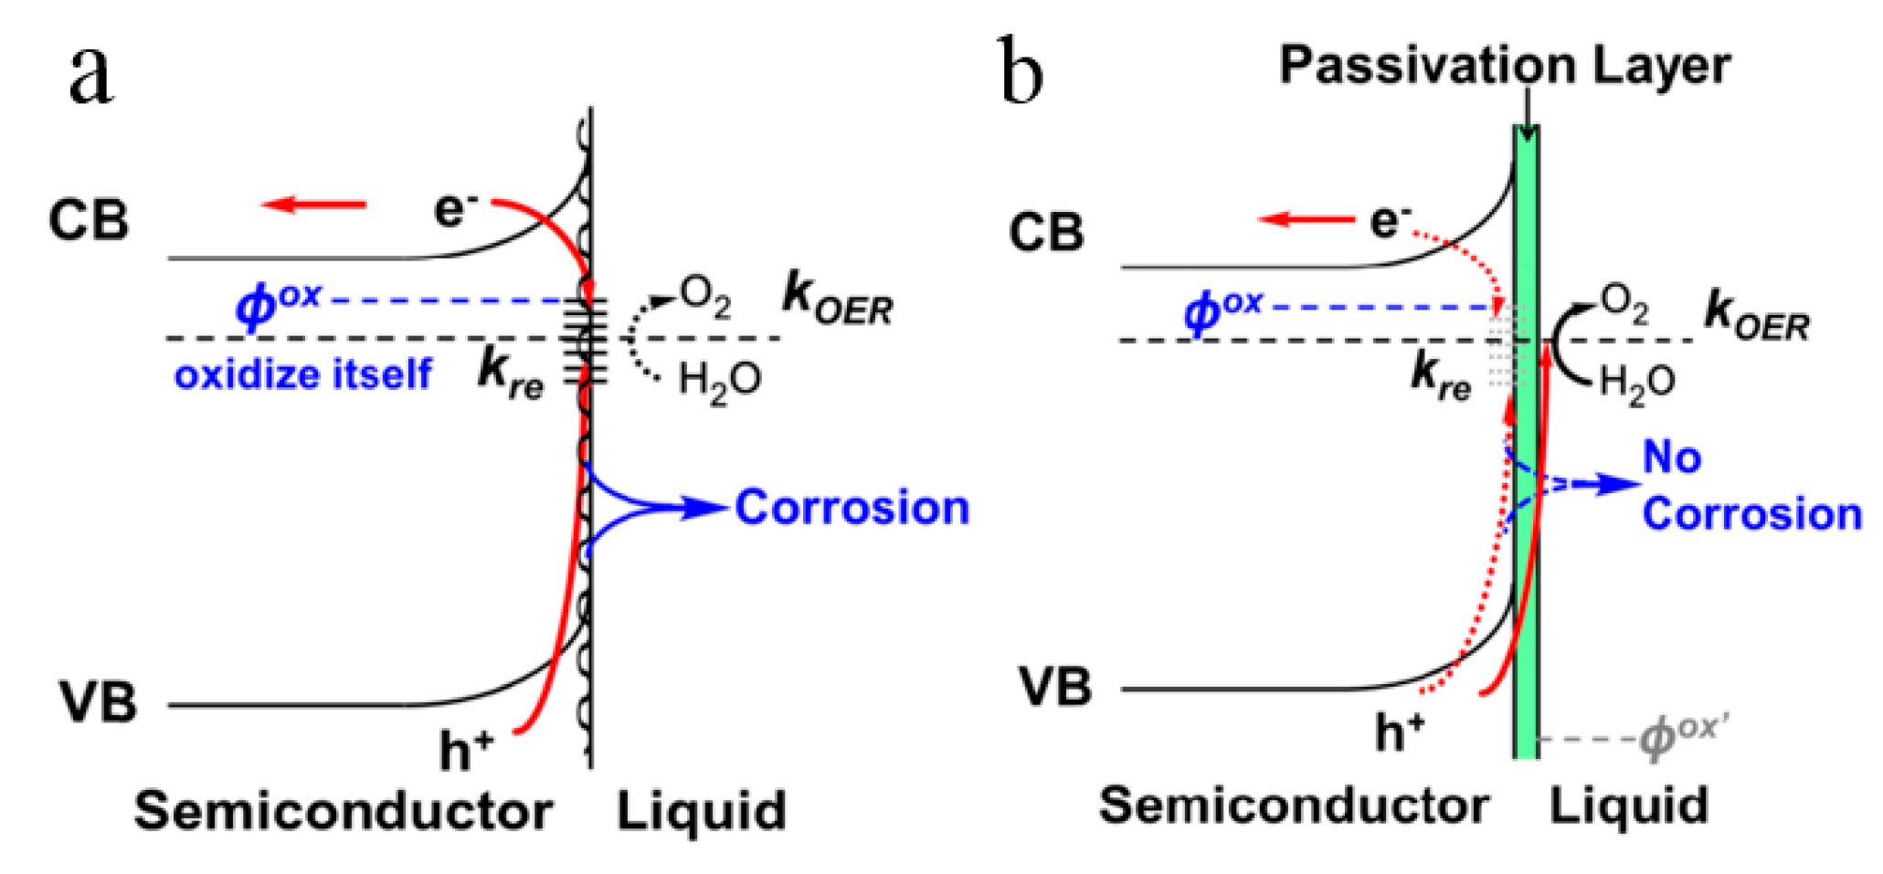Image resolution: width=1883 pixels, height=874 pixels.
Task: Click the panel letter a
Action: (x=91, y=75)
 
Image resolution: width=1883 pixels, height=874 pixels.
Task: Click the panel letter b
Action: (x=1021, y=71)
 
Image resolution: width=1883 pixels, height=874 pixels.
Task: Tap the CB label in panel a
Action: (x=88, y=221)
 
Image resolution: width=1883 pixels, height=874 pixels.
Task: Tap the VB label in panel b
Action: (x=1055, y=688)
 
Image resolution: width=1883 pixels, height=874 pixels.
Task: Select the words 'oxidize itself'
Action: (x=302, y=374)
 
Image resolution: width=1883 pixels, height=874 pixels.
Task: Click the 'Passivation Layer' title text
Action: (x=1504, y=66)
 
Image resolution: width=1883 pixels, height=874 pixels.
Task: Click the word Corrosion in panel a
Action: (x=852, y=508)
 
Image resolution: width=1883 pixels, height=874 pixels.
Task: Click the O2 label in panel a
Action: (x=704, y=298)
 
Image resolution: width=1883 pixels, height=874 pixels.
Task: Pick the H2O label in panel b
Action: (x=1637, y=382)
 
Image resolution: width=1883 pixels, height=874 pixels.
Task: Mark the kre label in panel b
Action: (x=1441, y=376)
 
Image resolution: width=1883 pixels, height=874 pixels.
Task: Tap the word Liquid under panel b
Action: (x=1628, y=806)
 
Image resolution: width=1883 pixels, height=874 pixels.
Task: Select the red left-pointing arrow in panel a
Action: (x=313, y=205)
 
